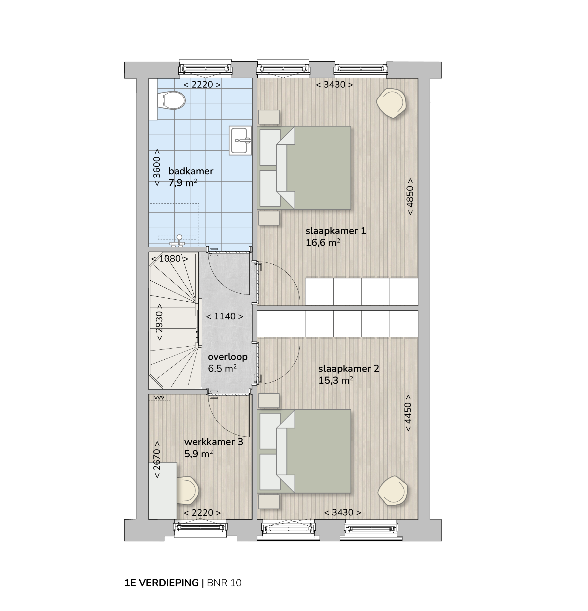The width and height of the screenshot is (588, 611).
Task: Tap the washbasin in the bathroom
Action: pyautogui.click(x=240, y=140)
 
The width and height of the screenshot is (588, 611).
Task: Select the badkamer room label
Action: pyautogui.click(x=190, y=171)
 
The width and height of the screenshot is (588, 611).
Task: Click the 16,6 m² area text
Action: pyautogui.click(x=323, y=242)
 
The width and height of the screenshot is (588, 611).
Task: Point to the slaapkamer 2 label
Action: pyautogui.click(x=348, y=368)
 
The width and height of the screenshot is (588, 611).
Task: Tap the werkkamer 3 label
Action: pyautogui.click(x=213, y=442)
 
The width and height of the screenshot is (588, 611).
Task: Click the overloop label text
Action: pyautogui.click(x=228, y=357)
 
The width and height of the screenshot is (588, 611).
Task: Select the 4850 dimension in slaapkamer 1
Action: pyautogui.click(x=410, y=196)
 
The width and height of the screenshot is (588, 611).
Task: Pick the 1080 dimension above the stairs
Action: pyautogui.click(x=170, y=259)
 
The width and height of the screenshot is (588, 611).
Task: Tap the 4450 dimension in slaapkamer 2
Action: pyautogui.click(x=408, y=413)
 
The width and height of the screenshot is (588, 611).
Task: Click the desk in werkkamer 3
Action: pyautogui.click(x=163, y=490)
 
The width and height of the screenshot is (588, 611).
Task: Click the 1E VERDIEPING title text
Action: pyautogui.click(x=162, y=583)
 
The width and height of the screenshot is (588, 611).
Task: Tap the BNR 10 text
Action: pyautogui.click(x=224, y=583)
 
